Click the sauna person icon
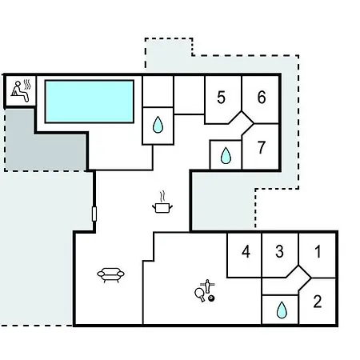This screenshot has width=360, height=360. [19, 91]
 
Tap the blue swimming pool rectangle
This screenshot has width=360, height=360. [90, 102]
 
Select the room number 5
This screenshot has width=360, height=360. [221, 98]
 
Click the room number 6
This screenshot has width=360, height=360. [262, 97]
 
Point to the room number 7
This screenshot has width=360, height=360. [262, 147]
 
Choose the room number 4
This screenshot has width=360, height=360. [246, 251]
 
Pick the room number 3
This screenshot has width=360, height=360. [279, 251]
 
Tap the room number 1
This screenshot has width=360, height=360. [318, 251]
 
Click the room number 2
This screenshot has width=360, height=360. [318, 302]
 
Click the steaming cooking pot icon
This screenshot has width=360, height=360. [162, 202]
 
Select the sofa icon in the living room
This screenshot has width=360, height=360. [110, 274]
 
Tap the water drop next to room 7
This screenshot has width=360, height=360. [226, 155]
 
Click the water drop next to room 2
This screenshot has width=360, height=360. [282, 310]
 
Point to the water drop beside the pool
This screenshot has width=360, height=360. [158, 125]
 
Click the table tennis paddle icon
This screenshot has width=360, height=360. [200, 294]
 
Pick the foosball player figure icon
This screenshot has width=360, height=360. [208, 286]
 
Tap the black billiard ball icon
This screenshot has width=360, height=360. [211, 298]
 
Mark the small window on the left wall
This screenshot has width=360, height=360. [94, 214]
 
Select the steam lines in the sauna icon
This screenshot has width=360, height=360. [27, 84]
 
